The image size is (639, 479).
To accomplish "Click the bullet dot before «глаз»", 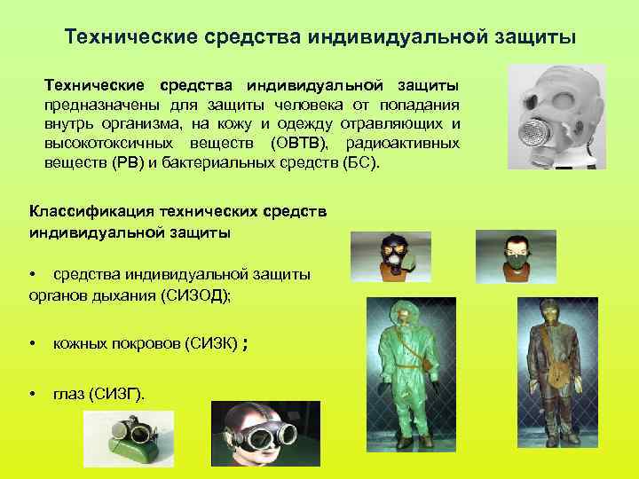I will click(x=33, y=393).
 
